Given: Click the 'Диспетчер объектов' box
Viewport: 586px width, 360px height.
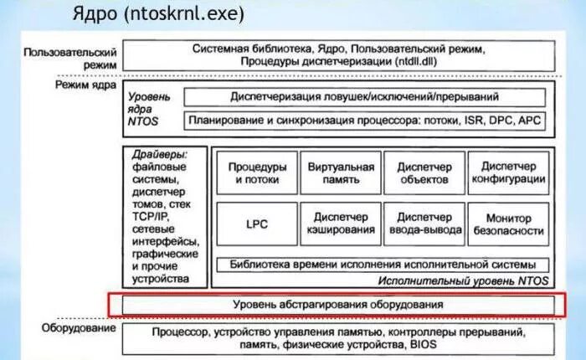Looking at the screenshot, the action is pyautogui.click(x=424, y=172).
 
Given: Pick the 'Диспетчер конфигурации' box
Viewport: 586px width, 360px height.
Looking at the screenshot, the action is pyautogui.click(x=509, y=172).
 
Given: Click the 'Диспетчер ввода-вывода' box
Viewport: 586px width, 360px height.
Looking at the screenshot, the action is pyautogui.click(x=424, y=224).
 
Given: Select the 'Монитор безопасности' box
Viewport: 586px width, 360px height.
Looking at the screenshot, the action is pyautogui.click(x=509, y=224).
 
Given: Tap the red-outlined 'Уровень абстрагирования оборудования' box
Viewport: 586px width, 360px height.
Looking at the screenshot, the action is pyautogui.click(x=337, y=305).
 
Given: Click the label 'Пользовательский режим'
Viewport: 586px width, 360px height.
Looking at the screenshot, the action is pyautogui.click(x=70, y=57).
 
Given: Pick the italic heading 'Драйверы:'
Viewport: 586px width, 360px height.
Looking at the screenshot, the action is pyautogui.click(x=158, y=155).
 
